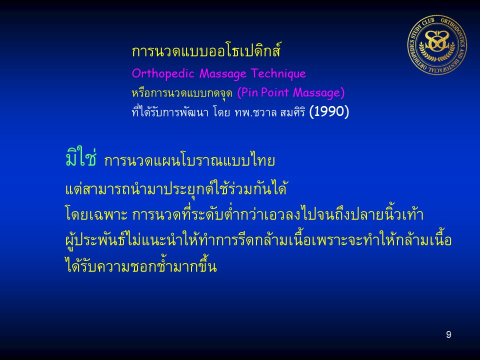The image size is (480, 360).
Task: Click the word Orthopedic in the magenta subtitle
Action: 163,74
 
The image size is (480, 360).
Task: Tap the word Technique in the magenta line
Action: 278,73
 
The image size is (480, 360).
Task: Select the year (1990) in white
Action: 329,111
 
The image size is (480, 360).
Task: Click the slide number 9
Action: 448,334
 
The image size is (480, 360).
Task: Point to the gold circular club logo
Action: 437,45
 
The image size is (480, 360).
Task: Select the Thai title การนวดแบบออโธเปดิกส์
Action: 206,50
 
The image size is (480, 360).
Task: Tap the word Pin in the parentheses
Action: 247,92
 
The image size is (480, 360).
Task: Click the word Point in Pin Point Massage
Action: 275,92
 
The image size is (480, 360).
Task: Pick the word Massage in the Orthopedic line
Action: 223,74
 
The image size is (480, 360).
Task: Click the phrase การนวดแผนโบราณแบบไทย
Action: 189,160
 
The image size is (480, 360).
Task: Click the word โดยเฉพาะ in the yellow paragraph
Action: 96,214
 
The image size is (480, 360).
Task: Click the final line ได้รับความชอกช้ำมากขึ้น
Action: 141,265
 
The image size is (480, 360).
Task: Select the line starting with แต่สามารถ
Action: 176,188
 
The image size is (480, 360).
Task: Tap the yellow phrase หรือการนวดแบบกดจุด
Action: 182,93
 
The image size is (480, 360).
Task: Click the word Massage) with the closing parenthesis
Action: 318,93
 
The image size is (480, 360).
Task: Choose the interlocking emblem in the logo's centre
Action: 437,41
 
